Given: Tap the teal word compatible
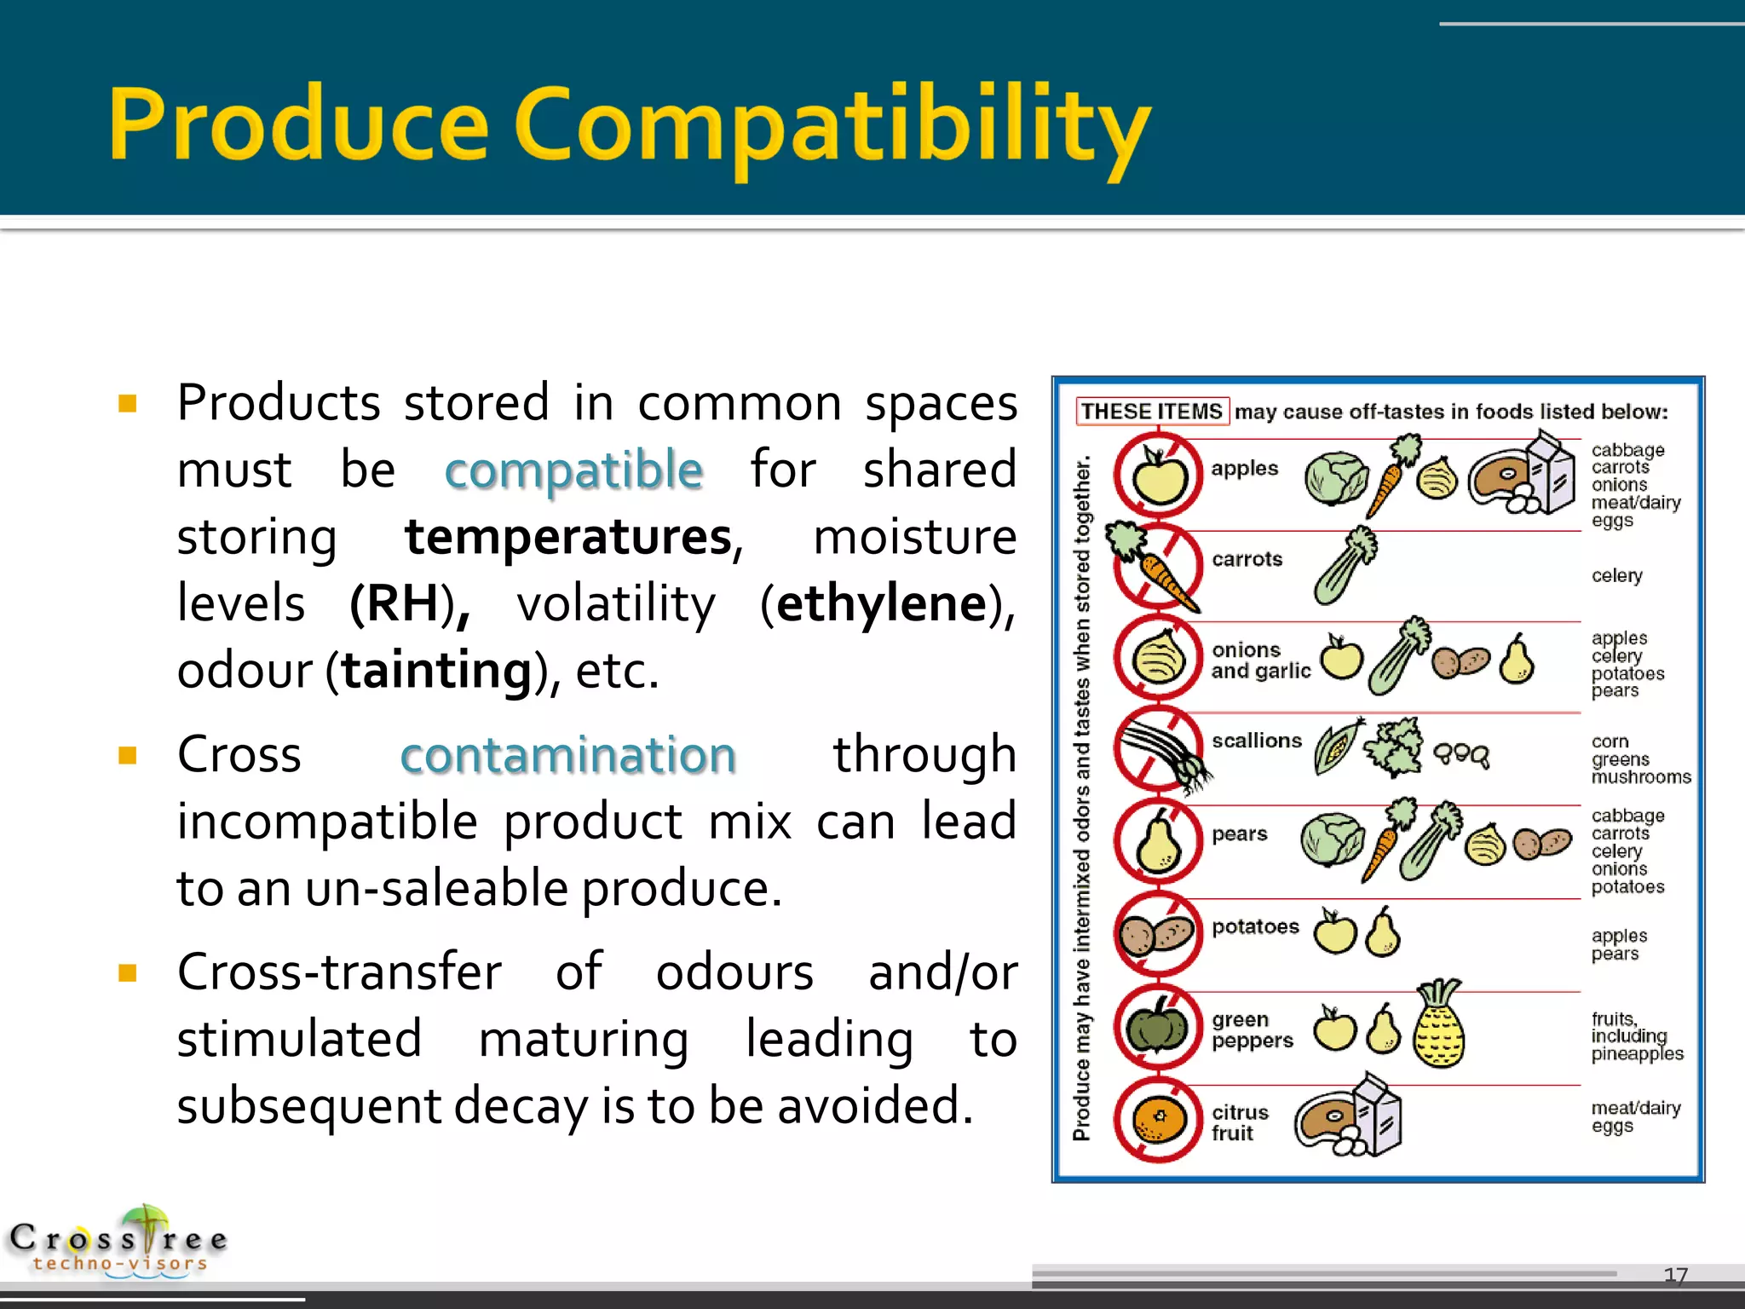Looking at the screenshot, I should pyautogui.click(x=573, y=470).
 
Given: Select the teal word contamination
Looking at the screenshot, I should pyautogui.click(x=567, y=755).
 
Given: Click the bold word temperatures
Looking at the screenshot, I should pyautogui.click(x=568, y=537).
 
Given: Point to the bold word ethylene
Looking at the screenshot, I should pyautogui.click(x=881, y=603).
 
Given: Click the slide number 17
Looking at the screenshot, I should pyautogui.click(x=1675, y=1275).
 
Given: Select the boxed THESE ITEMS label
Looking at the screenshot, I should pyautogui.click(x=1152, y=412).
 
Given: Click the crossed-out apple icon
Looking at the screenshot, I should pyautogui.click(x=1158, y=476).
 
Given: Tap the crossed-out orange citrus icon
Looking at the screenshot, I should pyautogui.click(x=1158, y=1120).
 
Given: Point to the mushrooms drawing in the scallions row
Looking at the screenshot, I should pyautogui.click(x=1461, y=755).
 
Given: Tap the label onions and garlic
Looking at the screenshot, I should pyautogui.click(x=1260, y=660).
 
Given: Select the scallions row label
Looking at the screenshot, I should pyautogui.click(x=1257, y=741).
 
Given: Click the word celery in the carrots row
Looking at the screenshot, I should pyautogui.click(x=1616, y=576).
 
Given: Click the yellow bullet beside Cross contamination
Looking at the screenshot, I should pyautogui.click(x=128, y=756).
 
